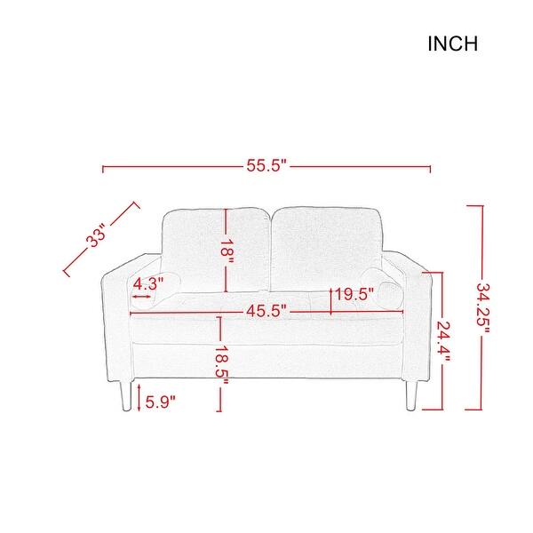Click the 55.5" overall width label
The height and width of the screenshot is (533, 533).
[266, 166]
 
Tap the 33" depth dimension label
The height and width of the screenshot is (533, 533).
[97, 238]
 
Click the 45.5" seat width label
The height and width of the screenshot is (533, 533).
[266, 311]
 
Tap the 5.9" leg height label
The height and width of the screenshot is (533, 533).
[159, 401]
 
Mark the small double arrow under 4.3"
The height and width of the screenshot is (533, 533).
[141, 298]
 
